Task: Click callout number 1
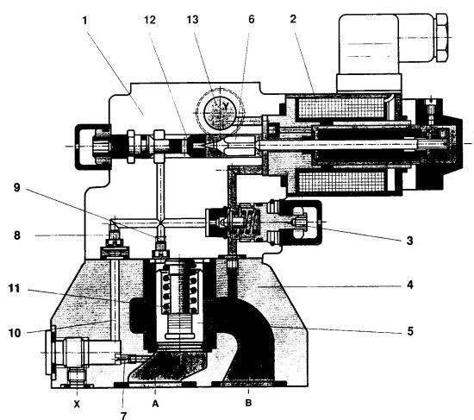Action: tap(84, 21)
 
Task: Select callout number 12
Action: tap(150, 20)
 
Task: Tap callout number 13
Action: tap(192, 20)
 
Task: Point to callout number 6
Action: tap(252, 19)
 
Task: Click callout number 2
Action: tap(293, 19)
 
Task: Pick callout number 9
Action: tap(17, 188)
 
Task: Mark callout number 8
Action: tap(17, 235)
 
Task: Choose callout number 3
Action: tap(409, 241)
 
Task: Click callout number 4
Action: tap(410, 285)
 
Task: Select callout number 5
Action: tap(410, 331)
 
